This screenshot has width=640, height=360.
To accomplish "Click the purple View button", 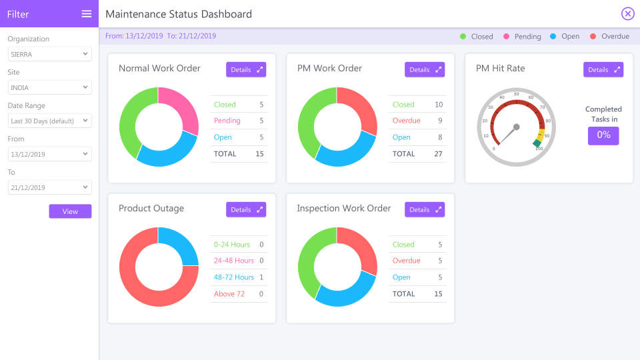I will pyautogui.click(x=70, y=211).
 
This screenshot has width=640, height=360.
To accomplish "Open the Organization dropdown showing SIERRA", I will pyautogui.click(x=50, y=54).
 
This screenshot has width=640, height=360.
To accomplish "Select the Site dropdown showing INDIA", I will pyautogui.click(x=50, y=87).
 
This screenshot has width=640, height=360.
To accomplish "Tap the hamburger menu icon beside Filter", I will pyautogui.click(x=87, y=14).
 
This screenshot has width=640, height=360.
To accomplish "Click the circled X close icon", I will pyautogui.click(x=627, y=14).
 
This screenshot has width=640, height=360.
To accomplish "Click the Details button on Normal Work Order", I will pyautogui.click(x=246, y=69).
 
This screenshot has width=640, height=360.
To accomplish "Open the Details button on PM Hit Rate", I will pyautogui.click(x=603, y=69).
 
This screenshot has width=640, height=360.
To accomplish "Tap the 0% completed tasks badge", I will pyautogui.click(x=603, y=135).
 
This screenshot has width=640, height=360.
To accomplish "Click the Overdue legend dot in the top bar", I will pyautogui.click(x=593, y=37).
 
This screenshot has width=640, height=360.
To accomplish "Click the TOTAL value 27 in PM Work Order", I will pyautogui.click(x=438, y=154).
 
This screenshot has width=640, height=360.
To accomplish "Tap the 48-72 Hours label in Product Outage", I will pyautogui.click(x=234, y=277).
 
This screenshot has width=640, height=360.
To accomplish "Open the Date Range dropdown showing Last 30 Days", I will pyautogui.click(x=50, y=121).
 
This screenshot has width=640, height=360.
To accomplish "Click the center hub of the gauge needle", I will pyautogui.click(x=516, y=127).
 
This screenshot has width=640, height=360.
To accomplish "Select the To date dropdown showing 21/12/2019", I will pyautogui.click(x=50, y=187).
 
